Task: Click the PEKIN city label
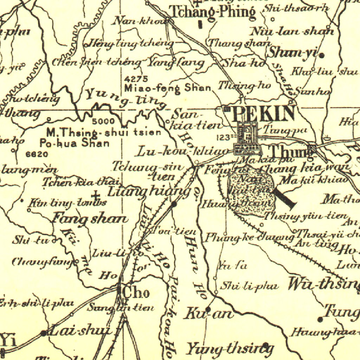click(x=263, y=114)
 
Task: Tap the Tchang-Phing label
click(x=212, y=12)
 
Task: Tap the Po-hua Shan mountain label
click(x=74, y=143)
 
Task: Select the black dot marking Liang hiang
click(x=174, y=204)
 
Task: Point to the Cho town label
click(x=136, y=292)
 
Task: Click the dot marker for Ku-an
click(x=208, y=309)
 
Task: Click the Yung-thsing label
click(x=229, y=349)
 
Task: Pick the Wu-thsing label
click(x=323, y=284)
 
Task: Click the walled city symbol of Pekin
click(x=248, y=139)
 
